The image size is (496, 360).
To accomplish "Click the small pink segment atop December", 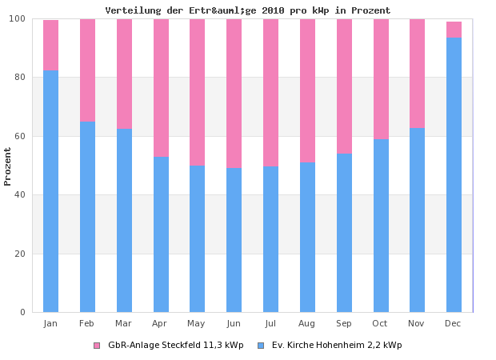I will point(454,30).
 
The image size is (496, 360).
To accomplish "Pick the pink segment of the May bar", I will point(197,92).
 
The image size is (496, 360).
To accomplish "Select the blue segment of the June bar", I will point(234,239).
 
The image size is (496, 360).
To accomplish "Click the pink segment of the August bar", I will point(307,90).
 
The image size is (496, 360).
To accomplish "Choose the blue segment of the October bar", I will point(381,225).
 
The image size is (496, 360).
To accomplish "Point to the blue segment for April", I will point(161,234).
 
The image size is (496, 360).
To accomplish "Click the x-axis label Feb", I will point(87,323).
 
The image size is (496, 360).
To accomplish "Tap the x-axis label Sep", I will point(344,323).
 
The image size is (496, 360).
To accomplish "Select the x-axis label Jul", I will point(270,323).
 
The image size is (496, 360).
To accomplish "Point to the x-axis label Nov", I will point(417,323).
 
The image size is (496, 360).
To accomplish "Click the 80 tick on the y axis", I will point(22,78).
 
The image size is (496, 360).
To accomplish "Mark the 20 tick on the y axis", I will point(22,254).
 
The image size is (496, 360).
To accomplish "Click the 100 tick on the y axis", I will point(19,19).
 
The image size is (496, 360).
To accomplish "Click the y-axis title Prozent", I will point(8,166).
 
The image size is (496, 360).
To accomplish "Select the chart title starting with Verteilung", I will point(248,10).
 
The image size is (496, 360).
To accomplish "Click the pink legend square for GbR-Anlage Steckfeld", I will point(97,346).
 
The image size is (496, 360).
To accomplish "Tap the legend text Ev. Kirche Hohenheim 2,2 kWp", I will point(337,346).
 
